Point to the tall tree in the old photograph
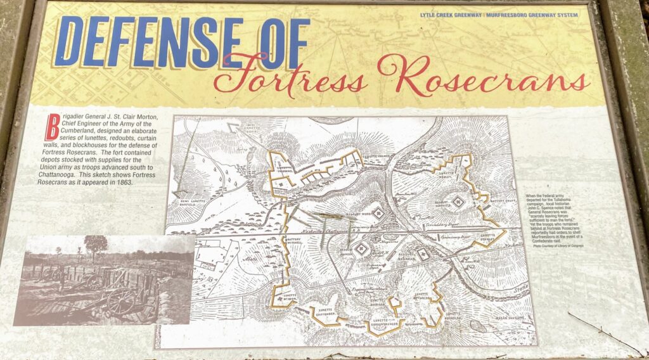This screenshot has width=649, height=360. pyautogui.click(x=95, y=245)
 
